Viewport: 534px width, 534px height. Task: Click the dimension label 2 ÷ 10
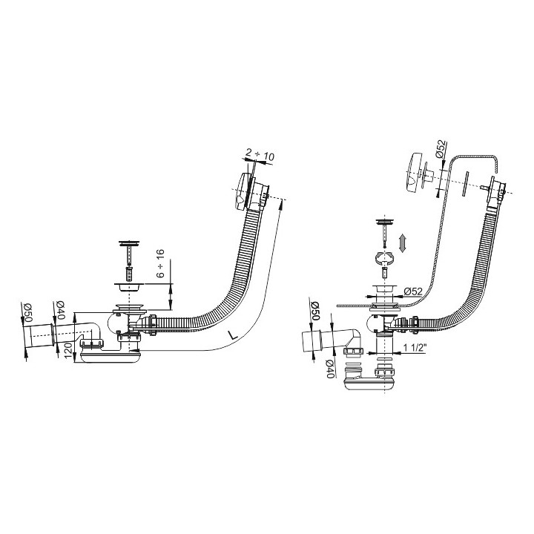[x=260, y=156]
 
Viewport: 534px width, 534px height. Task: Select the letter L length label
[x=232, y=334]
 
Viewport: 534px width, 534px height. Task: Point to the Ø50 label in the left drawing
[x=27, y=313]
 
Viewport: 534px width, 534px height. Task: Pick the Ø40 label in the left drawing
[x=60, y=310]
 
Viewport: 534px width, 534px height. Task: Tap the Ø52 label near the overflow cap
[x=441, y=149]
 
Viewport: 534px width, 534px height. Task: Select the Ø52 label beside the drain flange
[x=413, y=291]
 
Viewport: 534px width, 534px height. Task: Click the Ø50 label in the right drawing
[x=315, y=311]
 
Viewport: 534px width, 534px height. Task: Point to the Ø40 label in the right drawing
[x=329, y=369]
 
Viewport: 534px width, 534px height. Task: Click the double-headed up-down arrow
[x=403, y=243]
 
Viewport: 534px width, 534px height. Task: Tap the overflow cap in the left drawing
[x=243, y=192]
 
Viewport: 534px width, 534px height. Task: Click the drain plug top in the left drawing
[x=129, y=243]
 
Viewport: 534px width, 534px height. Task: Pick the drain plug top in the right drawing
[x=385, y=222]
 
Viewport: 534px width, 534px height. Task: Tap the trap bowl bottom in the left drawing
[x=110, y=357]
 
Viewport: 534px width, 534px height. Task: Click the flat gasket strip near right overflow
[x=466, y=184]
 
